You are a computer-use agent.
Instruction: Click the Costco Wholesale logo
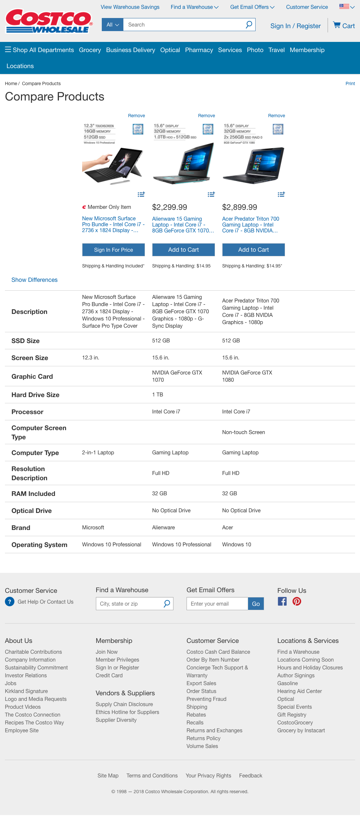(x=49, y=21)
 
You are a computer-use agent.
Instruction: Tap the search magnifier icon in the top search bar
(x=249, y=25)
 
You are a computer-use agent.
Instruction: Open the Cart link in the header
(x=344, y=26)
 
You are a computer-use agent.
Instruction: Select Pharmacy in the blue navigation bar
(x=199, y=50)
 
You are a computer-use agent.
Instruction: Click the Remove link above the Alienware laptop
(x=207, y=116)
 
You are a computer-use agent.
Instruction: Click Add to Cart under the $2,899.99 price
(x=253, y=250)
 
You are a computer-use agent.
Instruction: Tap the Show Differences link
(x=34, y=280)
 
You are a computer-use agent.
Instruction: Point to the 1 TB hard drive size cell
(x=157, y=395)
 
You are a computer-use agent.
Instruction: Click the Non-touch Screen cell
(x=243, y=432)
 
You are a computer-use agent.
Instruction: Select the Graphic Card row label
(x=32, y=376)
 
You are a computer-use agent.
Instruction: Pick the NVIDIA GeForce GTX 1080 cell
(x=247, y=376)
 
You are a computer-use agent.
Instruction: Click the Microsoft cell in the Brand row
(x=93, y=528)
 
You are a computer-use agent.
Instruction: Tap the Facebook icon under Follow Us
(x=282, y=601)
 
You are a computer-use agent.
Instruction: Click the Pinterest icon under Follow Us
(x=297, y=601)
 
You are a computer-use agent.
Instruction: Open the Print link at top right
(x=350, y=83)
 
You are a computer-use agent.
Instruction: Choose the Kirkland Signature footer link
(x=26, y=691)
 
